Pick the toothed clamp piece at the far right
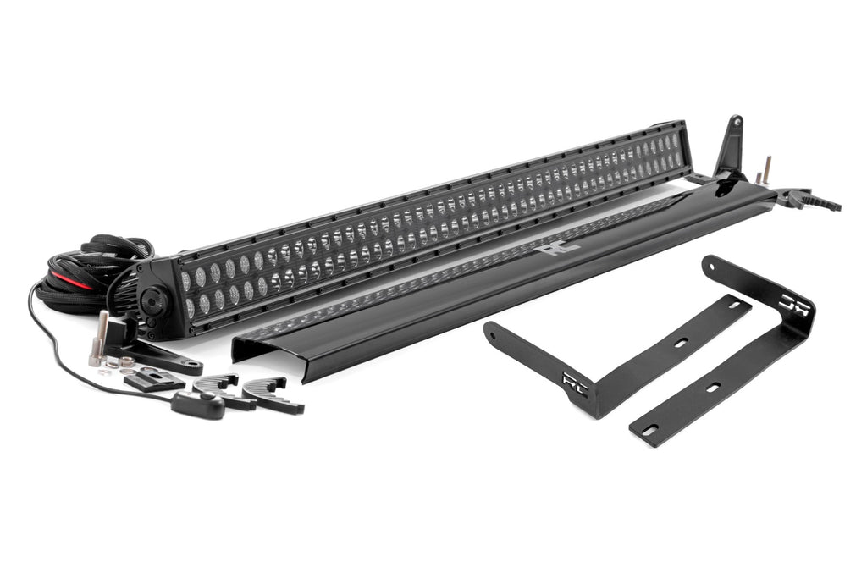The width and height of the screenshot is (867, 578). (x=812, y=201)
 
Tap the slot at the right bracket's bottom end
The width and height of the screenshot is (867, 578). (x=652, y=431)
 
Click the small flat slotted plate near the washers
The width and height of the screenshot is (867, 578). (x=155, y=379)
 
